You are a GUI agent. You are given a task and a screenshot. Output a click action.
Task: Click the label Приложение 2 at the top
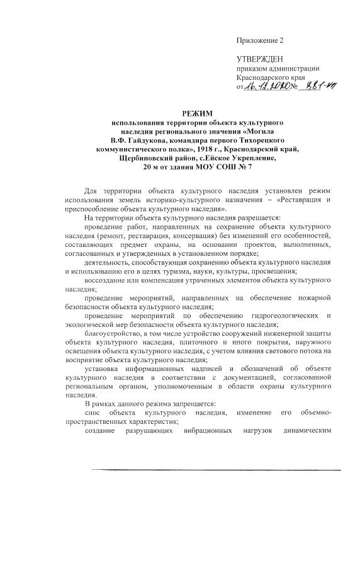coord(260,40)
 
